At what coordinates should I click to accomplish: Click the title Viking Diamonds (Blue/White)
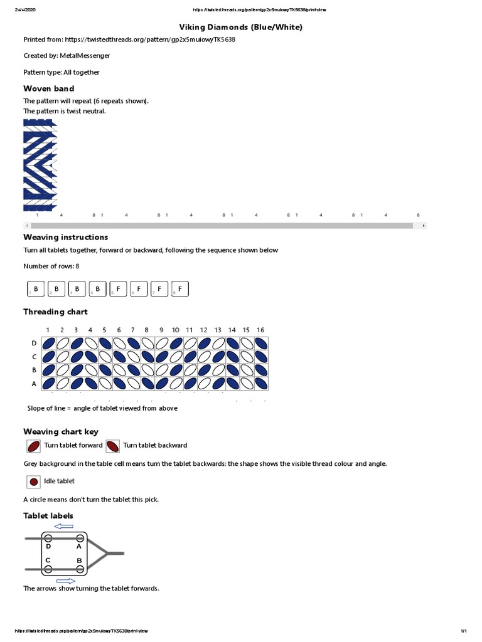point(241,27)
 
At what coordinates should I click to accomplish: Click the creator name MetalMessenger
point(85,56)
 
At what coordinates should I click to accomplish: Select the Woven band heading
point(48,88)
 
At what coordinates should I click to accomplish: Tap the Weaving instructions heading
point(65,237)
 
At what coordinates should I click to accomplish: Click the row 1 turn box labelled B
point(36,289)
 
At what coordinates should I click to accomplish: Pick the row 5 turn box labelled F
point(118,289)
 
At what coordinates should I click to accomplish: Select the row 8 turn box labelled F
point(179,289)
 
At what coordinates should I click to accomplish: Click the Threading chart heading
point(55,312)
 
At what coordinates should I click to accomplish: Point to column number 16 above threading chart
point(260,330)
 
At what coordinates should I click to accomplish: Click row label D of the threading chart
point(34,343)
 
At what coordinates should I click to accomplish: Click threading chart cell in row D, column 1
point(48,344)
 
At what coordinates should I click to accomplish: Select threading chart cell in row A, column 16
point(261,383)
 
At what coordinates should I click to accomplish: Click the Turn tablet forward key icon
point(33,446)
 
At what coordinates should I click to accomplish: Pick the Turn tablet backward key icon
point(113,446)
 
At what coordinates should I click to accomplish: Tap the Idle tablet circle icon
point(33,481)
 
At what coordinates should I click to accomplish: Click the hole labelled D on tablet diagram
point(48,539)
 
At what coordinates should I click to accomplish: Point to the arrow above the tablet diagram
point(63,527)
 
